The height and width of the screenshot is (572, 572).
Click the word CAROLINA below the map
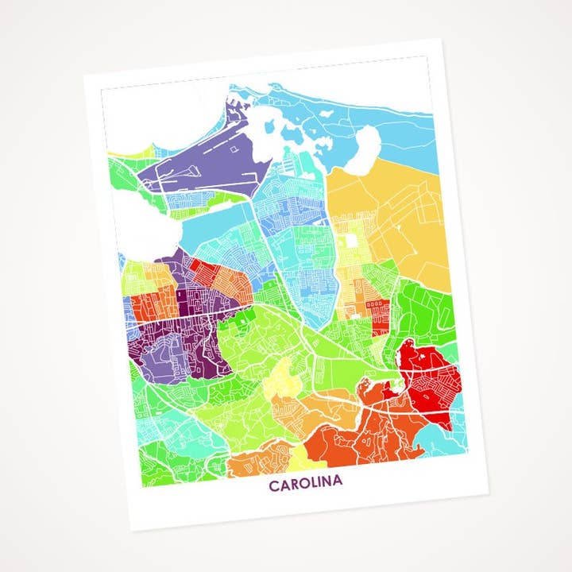[x=305, y=483]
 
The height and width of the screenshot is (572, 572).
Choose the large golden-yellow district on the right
[x=397, y=214]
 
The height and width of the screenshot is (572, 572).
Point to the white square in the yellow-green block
[x=350, y=243]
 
